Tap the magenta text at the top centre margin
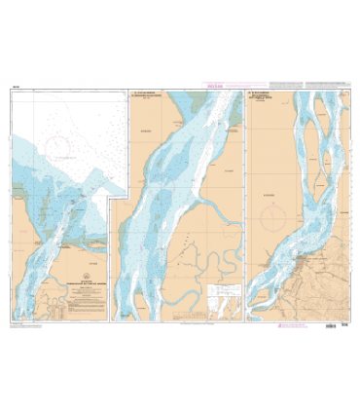pyautogui.click(x=180, y=85)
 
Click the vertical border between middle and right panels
pyautogui.click(x=249, y=205)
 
